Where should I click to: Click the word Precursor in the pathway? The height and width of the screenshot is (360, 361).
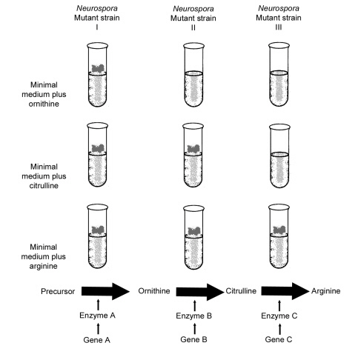pyautogui.click(x=58, y=291)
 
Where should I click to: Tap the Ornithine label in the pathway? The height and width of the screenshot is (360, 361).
pyautogui.click(x=154, y=291)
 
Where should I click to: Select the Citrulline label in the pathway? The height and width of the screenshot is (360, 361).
pyautogui.click(x=241, y=291)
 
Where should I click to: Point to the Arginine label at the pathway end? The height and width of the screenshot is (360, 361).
pyautogui.click(x=325, y=291)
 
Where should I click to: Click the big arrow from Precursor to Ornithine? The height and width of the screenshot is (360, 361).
pyautogui.click(x=105, y=291)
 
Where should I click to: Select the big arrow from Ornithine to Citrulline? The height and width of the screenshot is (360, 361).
pyautogui.click(x=200, y=292)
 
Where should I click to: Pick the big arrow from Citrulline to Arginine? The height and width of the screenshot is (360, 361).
pyautogui.click(x=285, y=291)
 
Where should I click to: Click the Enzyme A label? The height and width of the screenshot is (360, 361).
pyautogui.click(x=97, y=316)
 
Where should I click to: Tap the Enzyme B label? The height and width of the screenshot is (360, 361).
pyautogui.click(x=194, y=316)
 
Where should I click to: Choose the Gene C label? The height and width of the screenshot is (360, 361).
pyautogui.click(x=279, y=339)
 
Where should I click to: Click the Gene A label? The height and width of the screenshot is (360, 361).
pyautogui.click(x=96, y=340)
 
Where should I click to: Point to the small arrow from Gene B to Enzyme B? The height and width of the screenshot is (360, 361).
pyautogui.click(x=195, y=329)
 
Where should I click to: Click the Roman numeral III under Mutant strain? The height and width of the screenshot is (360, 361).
pyautogui.click(x=279, y=27)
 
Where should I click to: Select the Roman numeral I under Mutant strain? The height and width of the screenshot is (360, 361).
pyautogui.click(x=97, y=27)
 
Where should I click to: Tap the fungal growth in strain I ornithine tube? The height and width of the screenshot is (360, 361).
pyautogui.click(x=99, y=68)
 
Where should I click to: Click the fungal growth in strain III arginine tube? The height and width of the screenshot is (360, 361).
pyautogui.click(x=279, y=230)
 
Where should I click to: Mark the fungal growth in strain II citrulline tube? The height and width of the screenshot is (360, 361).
pyautogui.click(x=194, y=149)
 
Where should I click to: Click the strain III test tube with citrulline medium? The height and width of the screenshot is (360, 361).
pyautogui.click(x=279, y=156)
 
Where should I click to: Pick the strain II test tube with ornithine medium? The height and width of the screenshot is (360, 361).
pyautogui.click(x=193, y=75)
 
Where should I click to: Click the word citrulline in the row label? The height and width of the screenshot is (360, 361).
pyautogui.click(x=44, y=185)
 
